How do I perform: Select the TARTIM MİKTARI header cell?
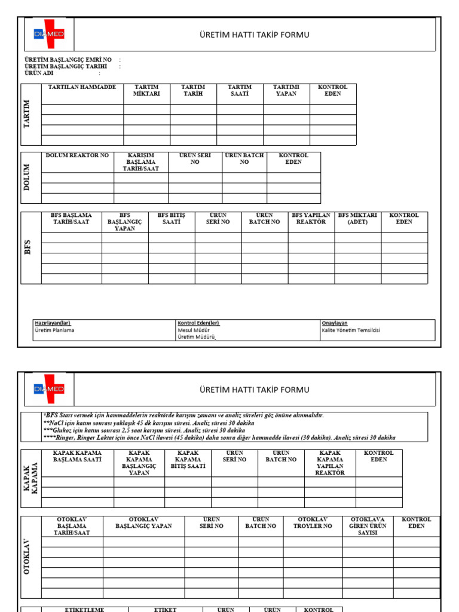pos(147,90)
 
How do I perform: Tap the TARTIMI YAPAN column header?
pos(286,90)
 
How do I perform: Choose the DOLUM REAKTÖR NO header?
pos(78,155)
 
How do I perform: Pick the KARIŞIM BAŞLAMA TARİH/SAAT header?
pos(141,162)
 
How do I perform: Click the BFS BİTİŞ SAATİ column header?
pos(172,218)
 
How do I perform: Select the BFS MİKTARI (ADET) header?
pos(357,218)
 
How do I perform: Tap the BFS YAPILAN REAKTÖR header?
pos(311,218)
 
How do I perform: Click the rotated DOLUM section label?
pos(27,178)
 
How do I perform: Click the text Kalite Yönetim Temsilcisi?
pos(351,330)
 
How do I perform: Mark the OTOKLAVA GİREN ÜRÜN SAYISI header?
pos(368,526)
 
